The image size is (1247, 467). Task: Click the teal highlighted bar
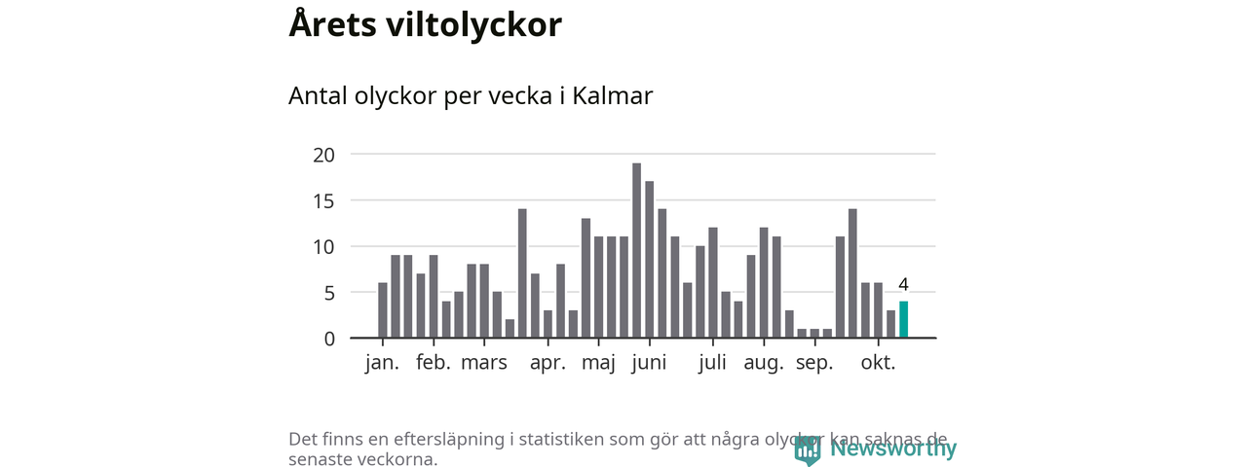(x=903, y=320)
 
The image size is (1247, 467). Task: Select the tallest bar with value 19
(x=636, y=251)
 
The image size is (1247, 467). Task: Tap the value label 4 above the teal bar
(x=903, y=285)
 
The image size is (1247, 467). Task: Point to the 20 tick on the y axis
(x=324, y=155)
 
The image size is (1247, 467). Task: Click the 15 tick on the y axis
(x=324, y=200)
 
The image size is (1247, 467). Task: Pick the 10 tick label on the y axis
(x=324, y=247)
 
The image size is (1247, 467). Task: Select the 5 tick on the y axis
(x=329, y=293)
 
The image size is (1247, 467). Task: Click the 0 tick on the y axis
(x=329, y=339)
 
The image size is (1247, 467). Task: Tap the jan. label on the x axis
(x=382, y=364)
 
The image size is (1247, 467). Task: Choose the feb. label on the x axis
(x=434, y=364)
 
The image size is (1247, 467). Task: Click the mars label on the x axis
(x=484, y=364)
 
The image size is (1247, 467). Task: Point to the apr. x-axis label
(x=548, y=364)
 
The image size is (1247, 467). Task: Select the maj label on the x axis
(x=599, y=364)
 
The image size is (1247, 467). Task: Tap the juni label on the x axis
(x=649, y=364)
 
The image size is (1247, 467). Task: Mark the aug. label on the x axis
(x=764, y=364)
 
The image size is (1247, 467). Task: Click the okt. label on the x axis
(x=878, y=364)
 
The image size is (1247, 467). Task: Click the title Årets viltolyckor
(x=425, y=25)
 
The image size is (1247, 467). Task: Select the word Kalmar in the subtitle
(x=612, y=96)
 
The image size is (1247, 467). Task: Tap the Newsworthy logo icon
(x=807, y=449)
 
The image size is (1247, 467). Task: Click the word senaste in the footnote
(x=321, y=459)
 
